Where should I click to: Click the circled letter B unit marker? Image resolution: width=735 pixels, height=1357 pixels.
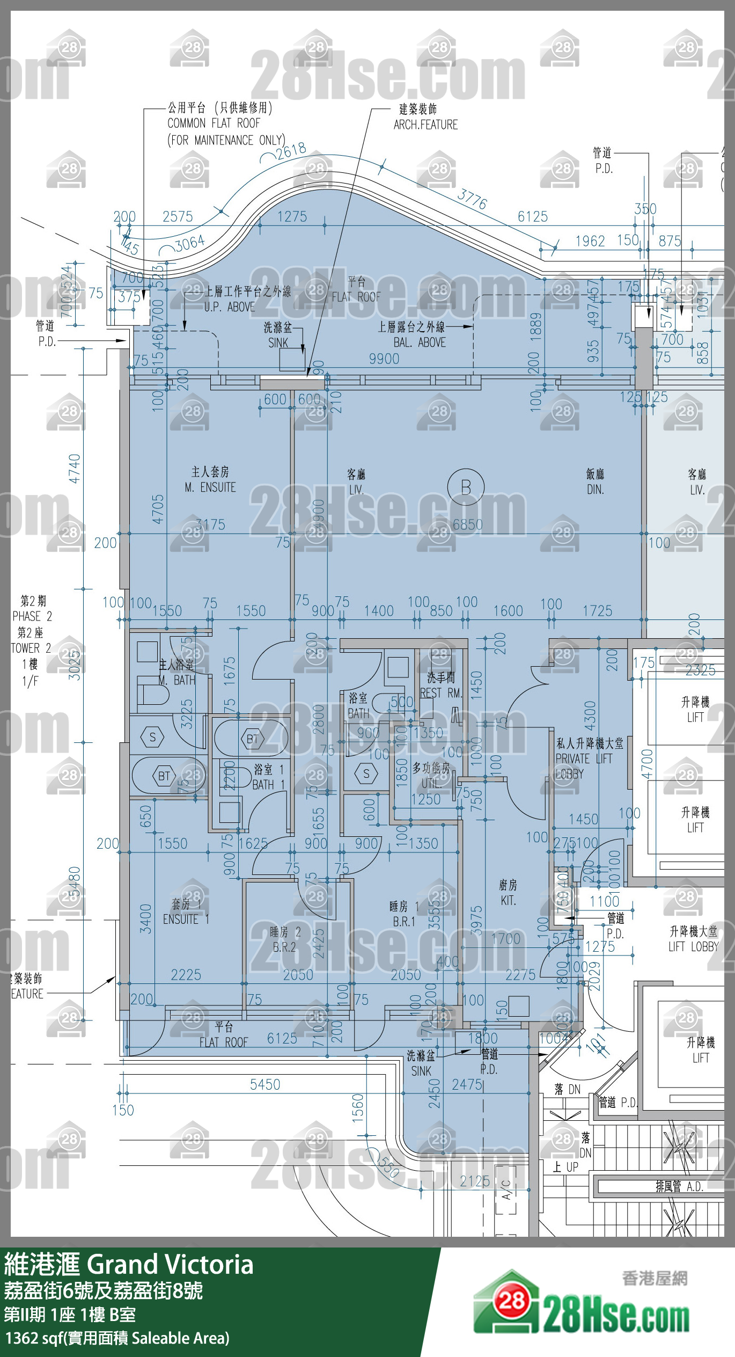[466, 487]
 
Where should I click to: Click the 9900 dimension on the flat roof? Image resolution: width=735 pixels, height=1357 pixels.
[384, 359]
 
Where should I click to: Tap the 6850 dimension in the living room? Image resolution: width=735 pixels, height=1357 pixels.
[467, 524]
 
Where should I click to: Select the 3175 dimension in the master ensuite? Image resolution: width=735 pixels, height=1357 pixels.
[210, 524]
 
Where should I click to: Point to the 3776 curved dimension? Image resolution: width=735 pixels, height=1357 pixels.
[472, 199]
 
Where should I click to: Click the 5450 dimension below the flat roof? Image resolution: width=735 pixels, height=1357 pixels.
[265, 1085]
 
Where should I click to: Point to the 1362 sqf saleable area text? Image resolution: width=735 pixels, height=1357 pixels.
[117, 1338]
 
